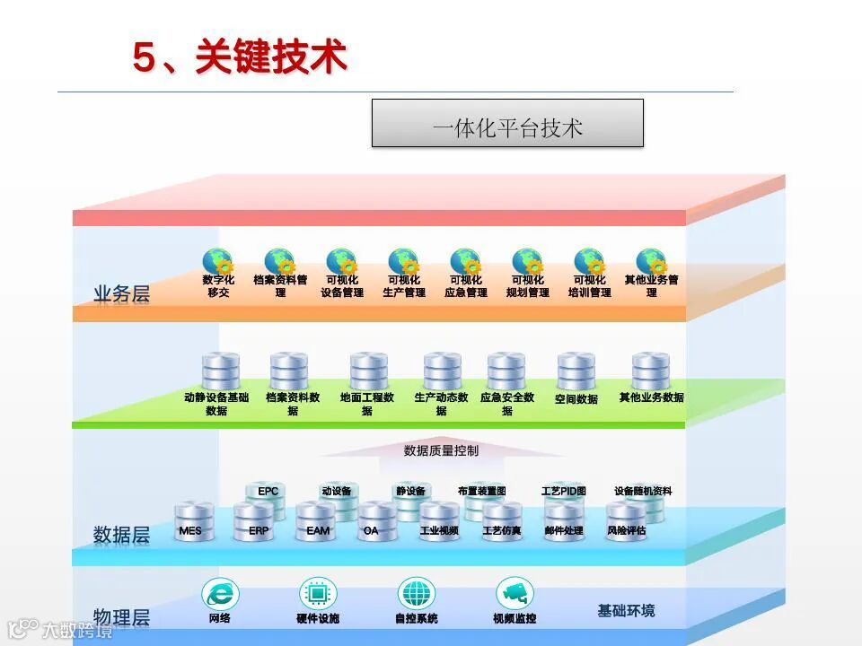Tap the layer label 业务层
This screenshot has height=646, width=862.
pos(121,293)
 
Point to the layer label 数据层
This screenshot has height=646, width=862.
pos(121,535)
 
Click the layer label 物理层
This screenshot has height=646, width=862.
pos(121,617)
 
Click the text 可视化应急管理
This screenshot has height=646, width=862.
pos(465,286)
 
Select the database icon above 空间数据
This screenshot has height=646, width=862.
pos(576,371)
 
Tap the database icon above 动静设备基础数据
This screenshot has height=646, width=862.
pos(221,371)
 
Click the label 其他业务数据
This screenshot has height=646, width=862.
pos(651,397)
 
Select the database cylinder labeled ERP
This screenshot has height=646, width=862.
pos(254,523)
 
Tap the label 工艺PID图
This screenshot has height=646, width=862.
pos(564,492)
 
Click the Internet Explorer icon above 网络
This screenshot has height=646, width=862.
pos(220,594)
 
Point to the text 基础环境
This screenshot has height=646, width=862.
pos(627,611)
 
